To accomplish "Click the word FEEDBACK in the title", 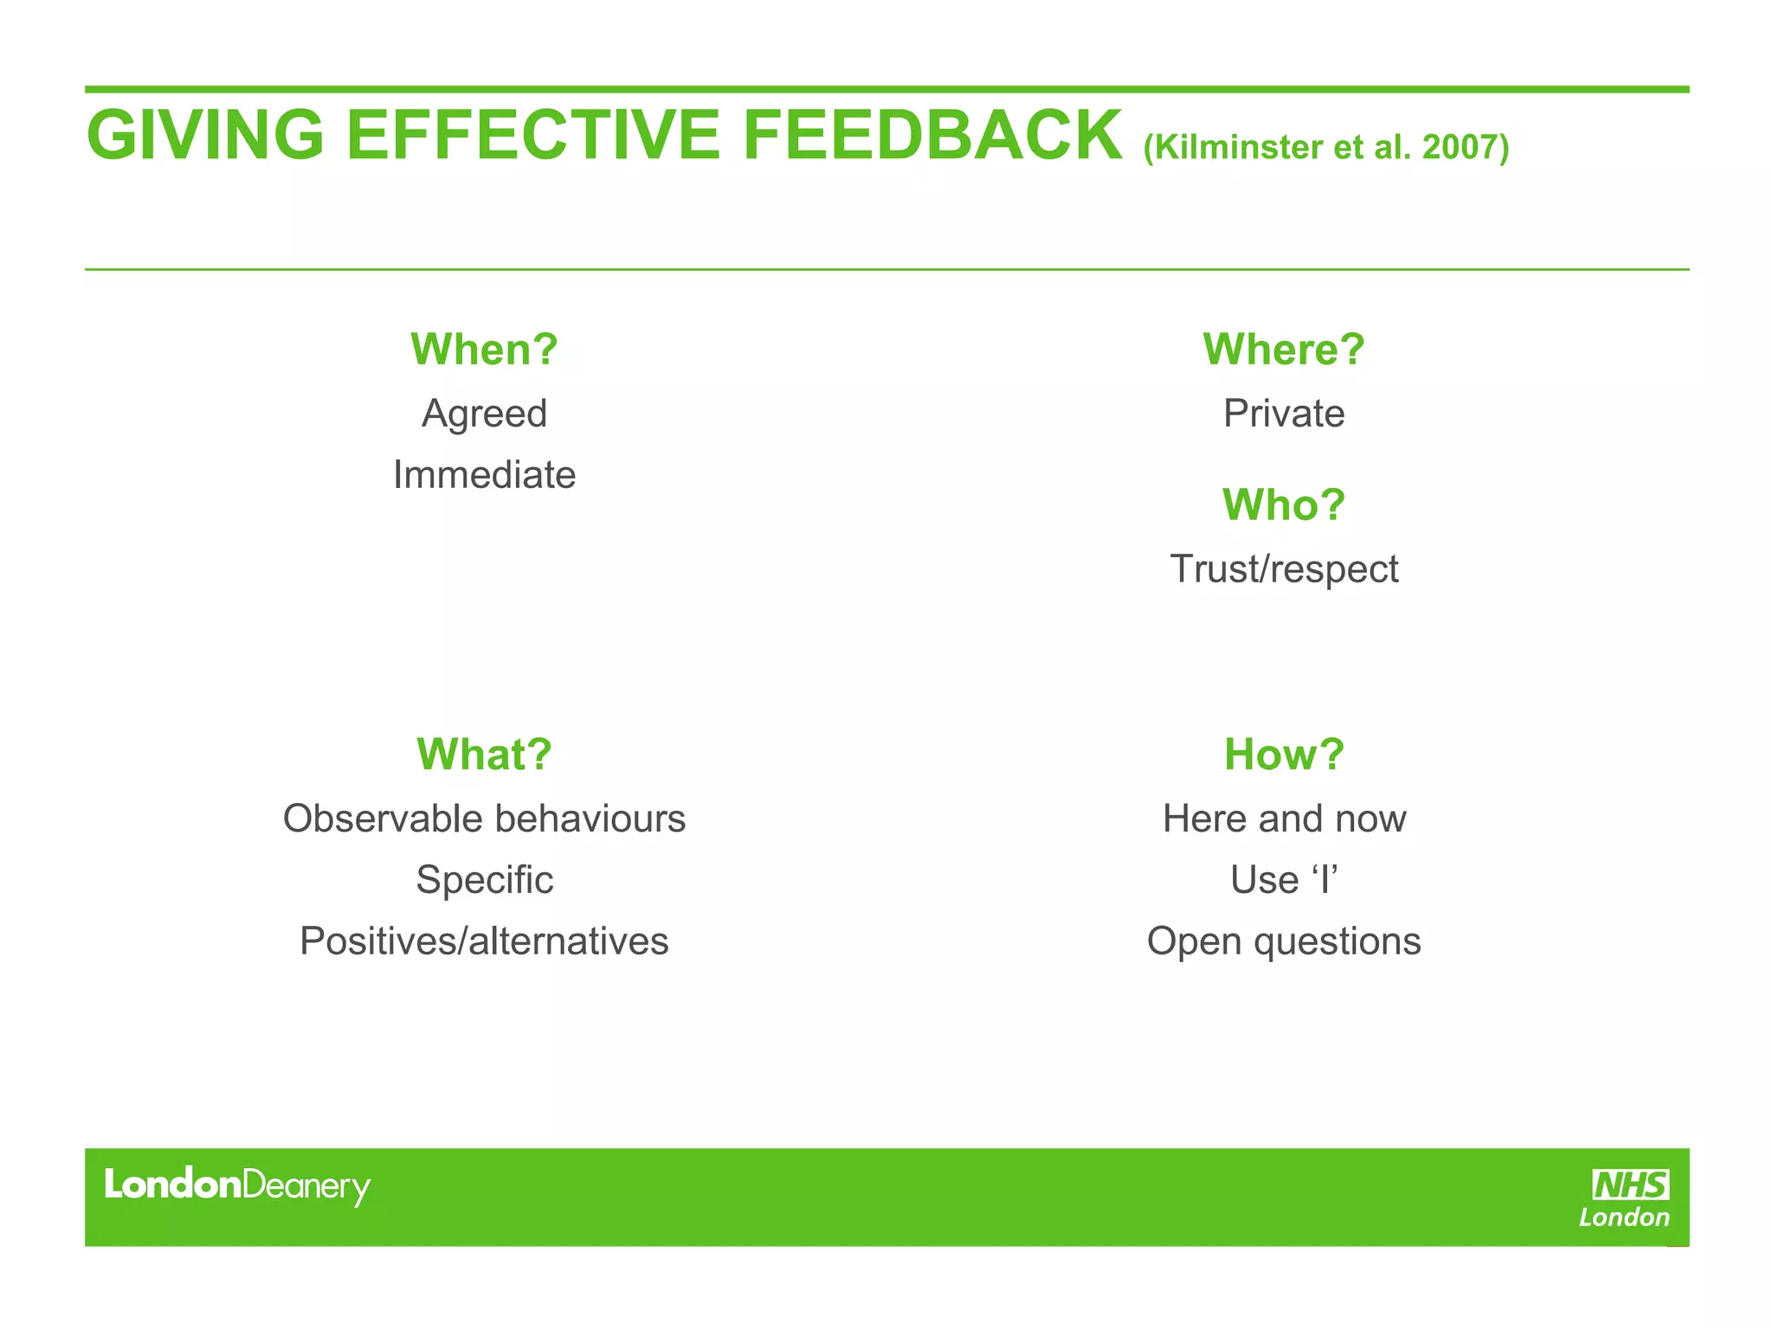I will click(x=932, y=136).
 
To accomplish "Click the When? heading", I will click(x=484, y=350).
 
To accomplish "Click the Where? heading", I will click(x=1283, y=350).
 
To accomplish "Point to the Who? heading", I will click(x=1283, y=504).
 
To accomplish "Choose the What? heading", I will click(x=484, y=754).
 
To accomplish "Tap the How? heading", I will click(x=1283, y=754).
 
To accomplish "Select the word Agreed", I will click(x=484, y=414).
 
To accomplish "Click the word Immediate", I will click(x=484, y=475).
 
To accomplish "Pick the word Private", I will click(x=1283, y=414).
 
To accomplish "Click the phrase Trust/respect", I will click(x=1283, y=569).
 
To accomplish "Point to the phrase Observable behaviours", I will click(x=484, y=819).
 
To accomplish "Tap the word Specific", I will click(x=484, y=880).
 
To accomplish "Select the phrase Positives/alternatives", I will click(x=484, y=941).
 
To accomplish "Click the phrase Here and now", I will click(x=1283, y=819).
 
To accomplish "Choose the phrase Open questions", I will click(x=1283, y=941).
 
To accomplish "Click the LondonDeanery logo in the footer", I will click(x=236, y=1185).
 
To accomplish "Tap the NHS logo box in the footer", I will click(x=1630, y=1185).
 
